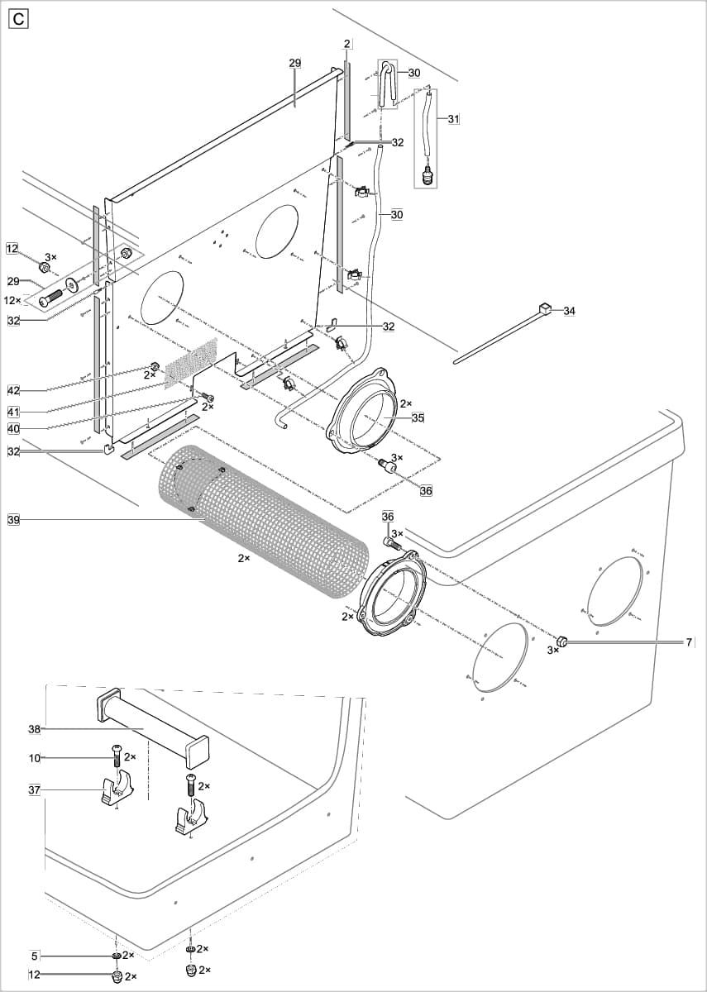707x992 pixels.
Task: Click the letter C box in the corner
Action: [18, 19]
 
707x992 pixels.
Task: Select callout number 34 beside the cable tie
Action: [569, 311]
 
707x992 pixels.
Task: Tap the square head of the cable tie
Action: [545, 309]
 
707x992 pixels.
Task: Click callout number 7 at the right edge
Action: [689, 642]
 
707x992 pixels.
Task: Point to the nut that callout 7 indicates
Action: [561, 640]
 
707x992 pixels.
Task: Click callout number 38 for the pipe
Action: [34, 729]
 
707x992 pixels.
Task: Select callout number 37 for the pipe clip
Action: [34, 790]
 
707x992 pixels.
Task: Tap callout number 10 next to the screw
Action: [34, 756]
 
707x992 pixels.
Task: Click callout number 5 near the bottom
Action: [35, 956]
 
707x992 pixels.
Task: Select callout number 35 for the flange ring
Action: [418, 418]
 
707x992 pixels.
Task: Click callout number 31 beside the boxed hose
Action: [453, 119]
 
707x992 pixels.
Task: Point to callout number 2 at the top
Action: [347, 43]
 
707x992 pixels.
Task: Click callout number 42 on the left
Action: [13, 390]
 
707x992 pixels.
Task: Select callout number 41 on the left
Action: [13, 411]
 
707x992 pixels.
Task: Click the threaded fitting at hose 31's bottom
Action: [428, 176]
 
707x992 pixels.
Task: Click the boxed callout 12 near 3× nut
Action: [12, 248]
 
